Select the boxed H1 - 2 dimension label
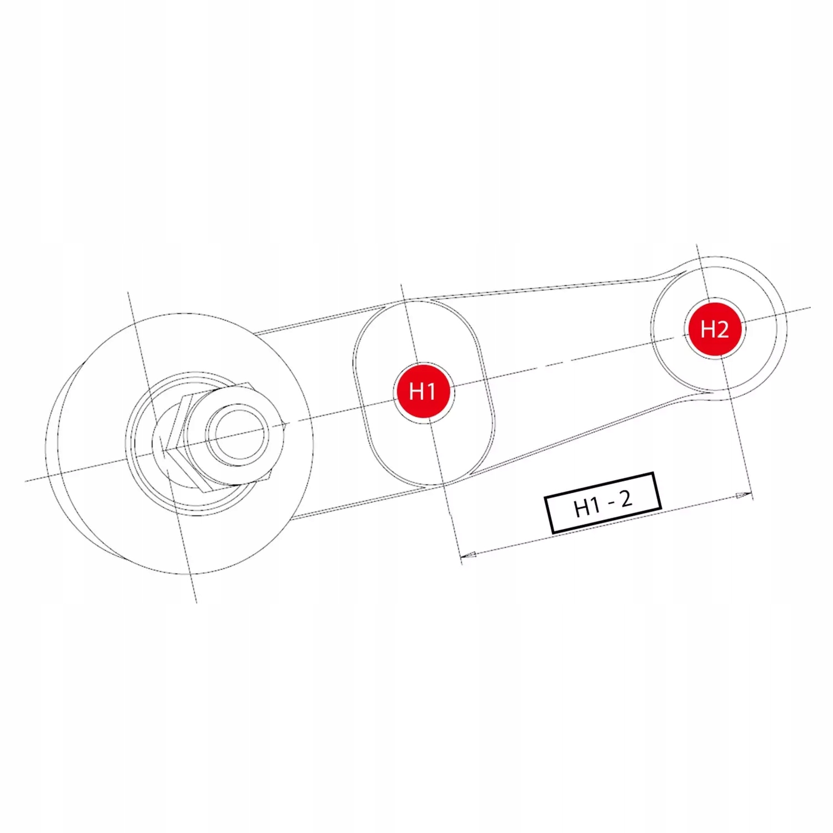pos(603,503)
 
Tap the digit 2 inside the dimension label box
pos(626,499)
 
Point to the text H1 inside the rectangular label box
pos(586,507)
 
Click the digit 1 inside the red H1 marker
pos(431,392)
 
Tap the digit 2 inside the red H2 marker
pos(722,329)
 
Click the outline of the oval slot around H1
pos(354,367)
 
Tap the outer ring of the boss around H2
pos(784,311)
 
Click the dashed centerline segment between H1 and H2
pos(555,363)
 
